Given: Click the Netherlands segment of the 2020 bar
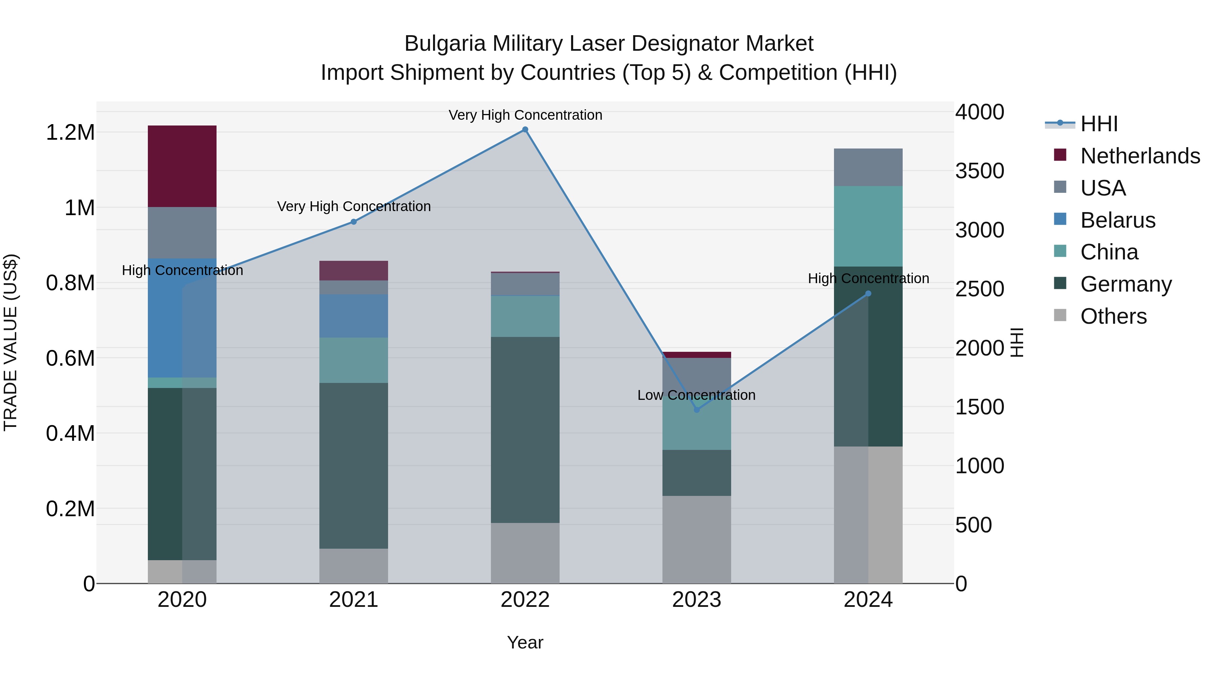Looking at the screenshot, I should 182,166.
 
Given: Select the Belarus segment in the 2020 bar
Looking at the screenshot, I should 182,318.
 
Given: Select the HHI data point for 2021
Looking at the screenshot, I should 354,222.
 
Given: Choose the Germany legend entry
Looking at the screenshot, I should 1125,284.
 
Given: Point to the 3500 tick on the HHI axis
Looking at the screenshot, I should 979,171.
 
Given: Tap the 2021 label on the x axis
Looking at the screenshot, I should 354,600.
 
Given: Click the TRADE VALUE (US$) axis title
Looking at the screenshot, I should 10,342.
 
